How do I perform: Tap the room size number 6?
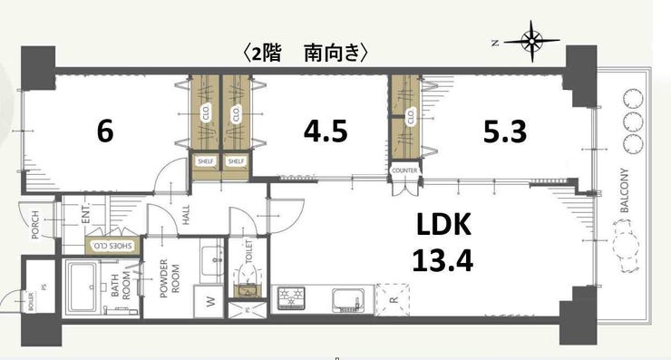(104, 132)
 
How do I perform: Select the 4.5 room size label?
(325, 132)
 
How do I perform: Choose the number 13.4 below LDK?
(443, 262)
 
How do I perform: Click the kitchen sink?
(348, 298)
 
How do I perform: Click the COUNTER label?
(404, 170)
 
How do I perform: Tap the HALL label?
(184, 215)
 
